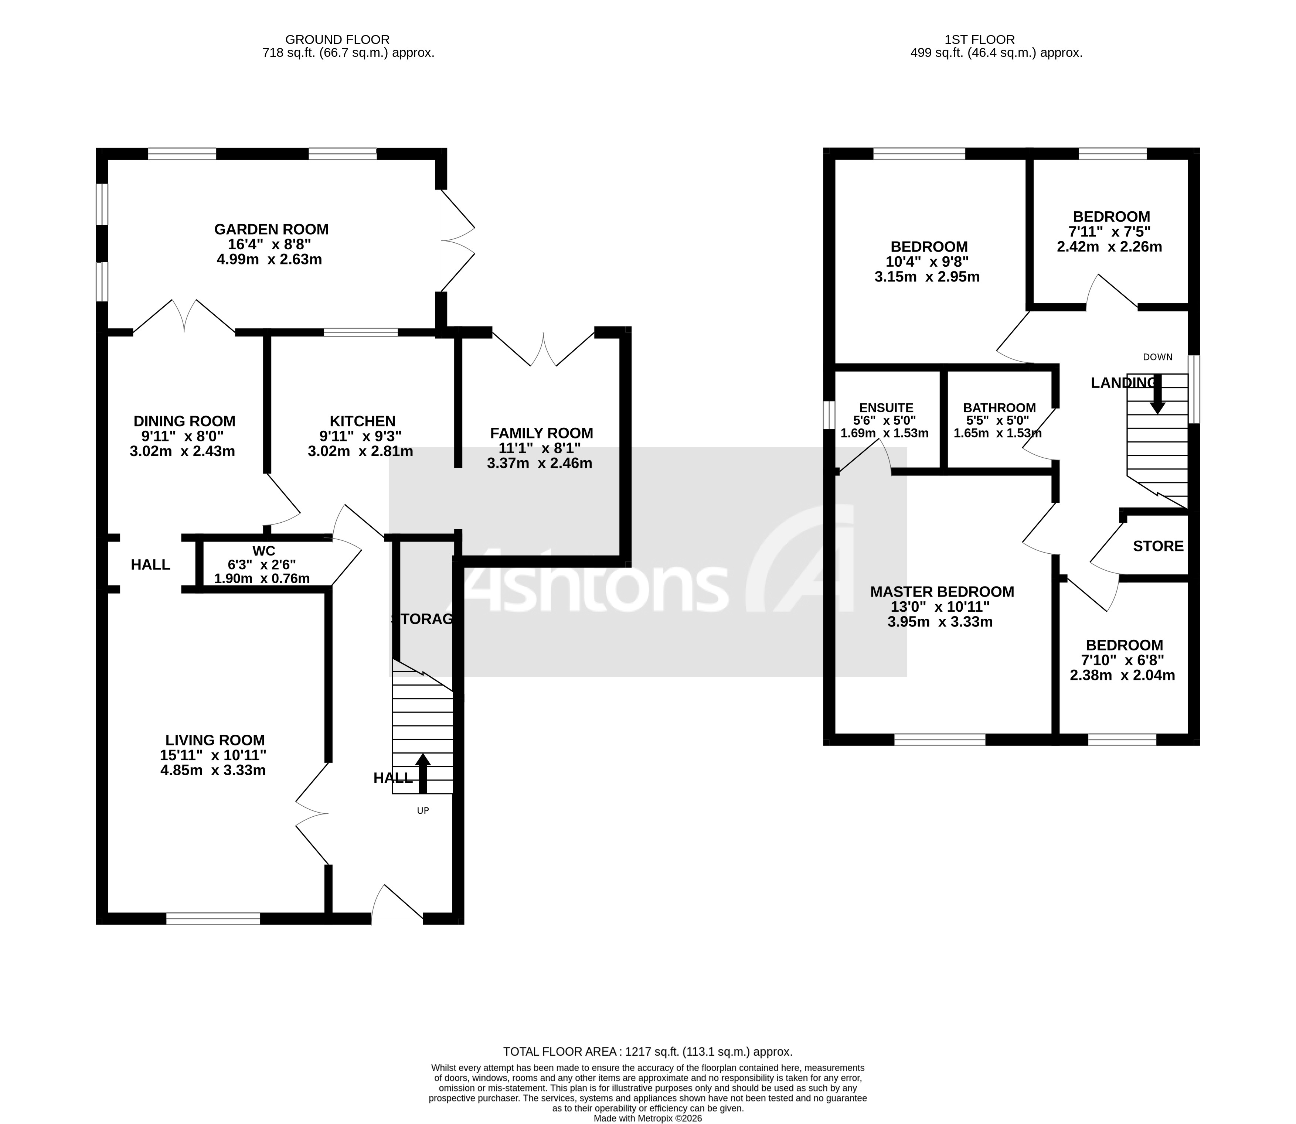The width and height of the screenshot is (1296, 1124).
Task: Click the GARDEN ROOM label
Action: (271, 230)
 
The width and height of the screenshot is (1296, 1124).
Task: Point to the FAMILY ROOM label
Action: (541, 433)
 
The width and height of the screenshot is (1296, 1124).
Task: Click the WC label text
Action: (263, 551)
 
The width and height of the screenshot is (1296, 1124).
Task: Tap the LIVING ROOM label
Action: (215, 740)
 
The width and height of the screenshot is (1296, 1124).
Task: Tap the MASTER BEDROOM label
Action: (941, 591)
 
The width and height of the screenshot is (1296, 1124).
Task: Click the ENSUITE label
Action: (885, 408)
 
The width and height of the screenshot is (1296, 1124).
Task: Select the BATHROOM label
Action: (999, 408)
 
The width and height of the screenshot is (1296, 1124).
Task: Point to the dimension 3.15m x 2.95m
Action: (926, 277)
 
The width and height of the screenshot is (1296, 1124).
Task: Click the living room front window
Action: (213, 919)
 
